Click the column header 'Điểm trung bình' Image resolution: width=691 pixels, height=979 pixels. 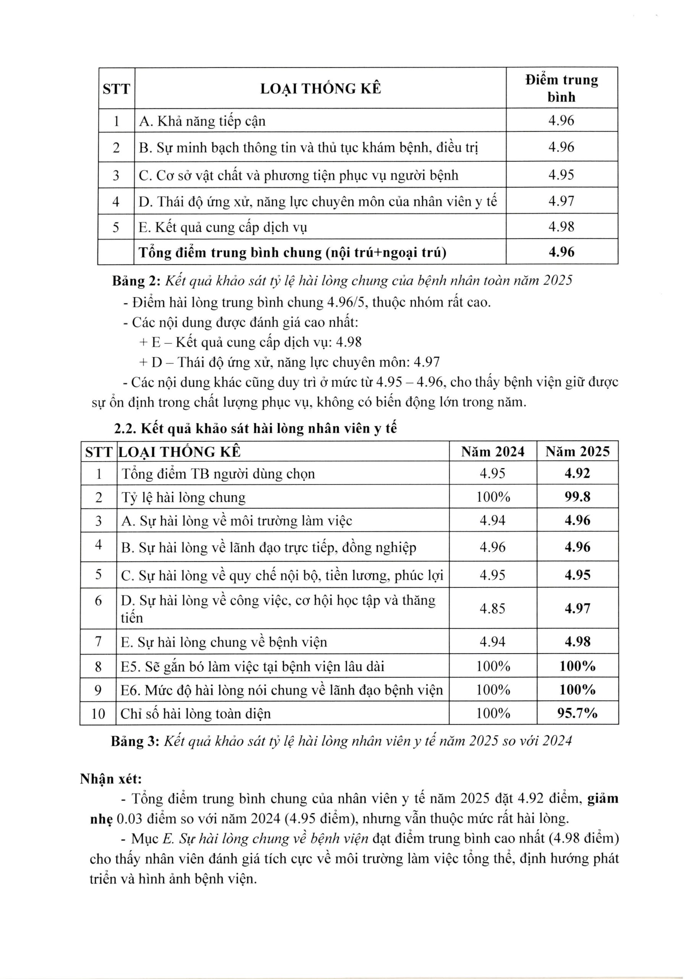(561, 88)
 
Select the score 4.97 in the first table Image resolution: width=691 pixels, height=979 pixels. (561, 200)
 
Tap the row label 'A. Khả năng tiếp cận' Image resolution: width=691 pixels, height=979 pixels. (202, 122)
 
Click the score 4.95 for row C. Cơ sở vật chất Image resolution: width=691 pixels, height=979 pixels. (561, 175)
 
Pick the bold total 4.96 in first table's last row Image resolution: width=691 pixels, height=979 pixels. (561, 252)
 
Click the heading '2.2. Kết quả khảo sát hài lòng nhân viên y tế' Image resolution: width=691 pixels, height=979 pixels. (255, 428)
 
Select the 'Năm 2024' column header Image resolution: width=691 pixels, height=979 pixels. (492, 452)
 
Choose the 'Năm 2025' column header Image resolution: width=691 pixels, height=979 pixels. (577, 452)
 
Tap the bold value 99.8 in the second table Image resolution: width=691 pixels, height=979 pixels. (577, 497)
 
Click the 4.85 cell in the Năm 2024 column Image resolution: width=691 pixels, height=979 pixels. (492, 608)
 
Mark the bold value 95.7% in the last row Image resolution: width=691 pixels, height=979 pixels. (577, 713)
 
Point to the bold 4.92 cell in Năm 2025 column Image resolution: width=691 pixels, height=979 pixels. (577, 473)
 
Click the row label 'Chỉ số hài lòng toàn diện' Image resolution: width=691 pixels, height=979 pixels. (196, 714)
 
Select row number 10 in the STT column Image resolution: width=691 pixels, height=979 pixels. (98, 714)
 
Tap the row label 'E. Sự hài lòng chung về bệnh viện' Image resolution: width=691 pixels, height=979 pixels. (224, 642)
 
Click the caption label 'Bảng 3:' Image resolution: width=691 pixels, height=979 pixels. (134, 741)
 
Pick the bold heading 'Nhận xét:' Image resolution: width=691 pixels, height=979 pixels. (111, 779)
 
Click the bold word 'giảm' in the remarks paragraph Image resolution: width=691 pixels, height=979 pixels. (602, 798)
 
